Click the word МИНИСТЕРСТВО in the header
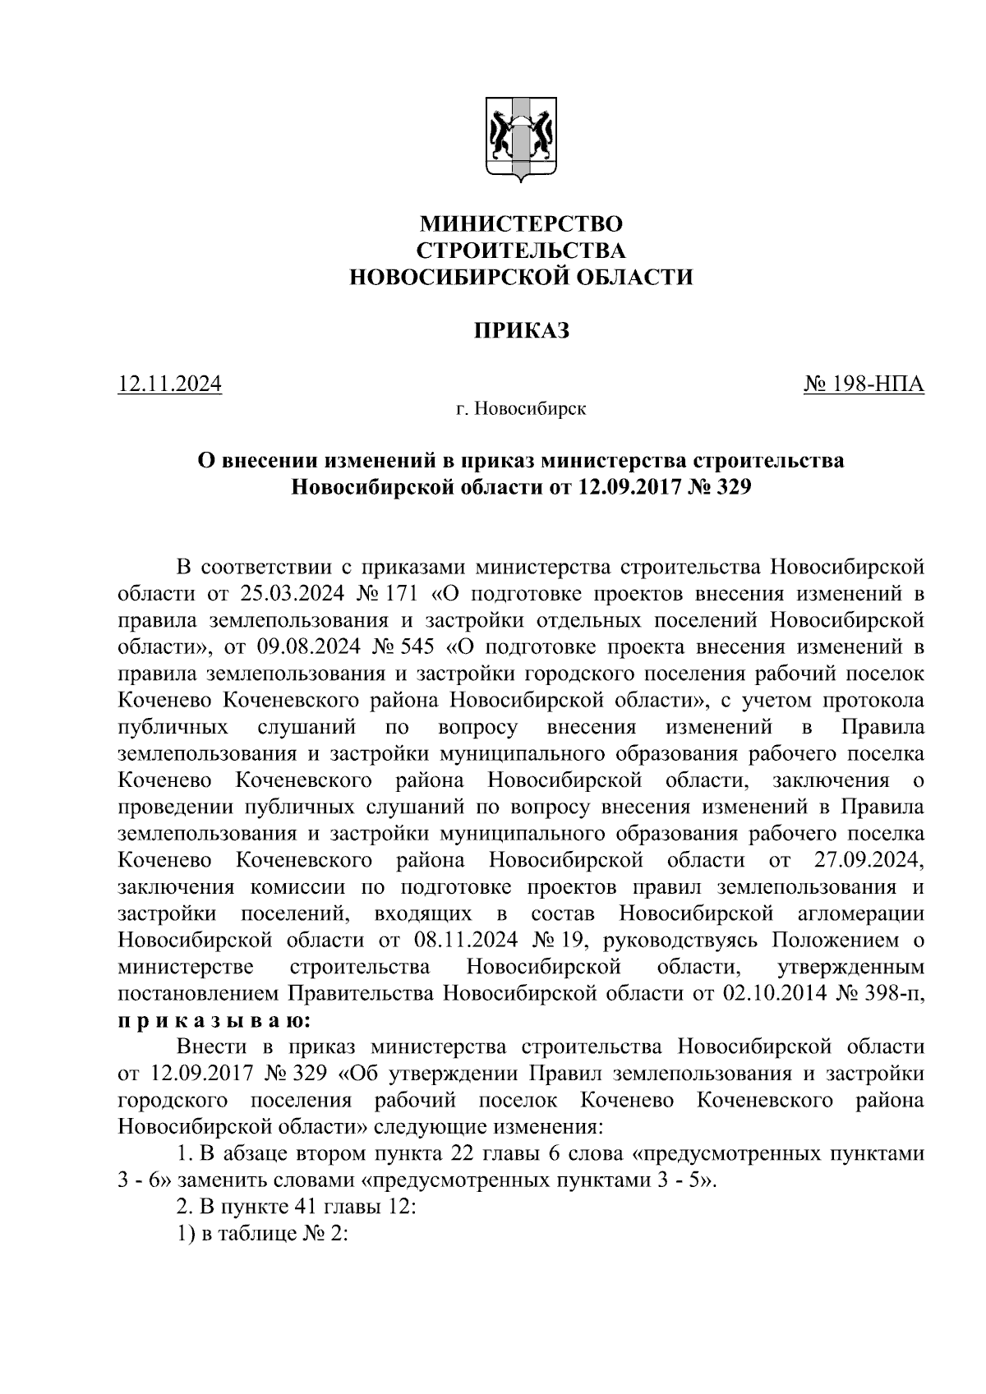[x=521, y=223]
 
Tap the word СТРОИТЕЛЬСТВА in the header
[x=521, y=251]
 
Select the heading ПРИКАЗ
[x=521, y=331]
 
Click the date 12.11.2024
[x=170, y=384]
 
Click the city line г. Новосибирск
[x=521, y=408]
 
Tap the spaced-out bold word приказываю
[x=214, y=1021]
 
